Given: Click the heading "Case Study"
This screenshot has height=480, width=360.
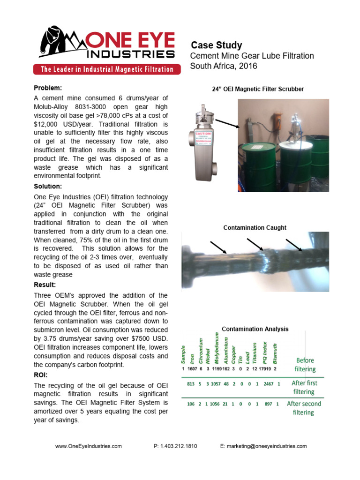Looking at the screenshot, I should click(x=217, y=45).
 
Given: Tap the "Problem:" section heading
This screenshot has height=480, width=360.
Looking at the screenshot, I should click(x=48, y=88).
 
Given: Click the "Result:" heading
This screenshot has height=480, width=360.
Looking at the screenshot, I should click(x=45, y=285).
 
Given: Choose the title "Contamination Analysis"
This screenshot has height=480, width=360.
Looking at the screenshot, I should click(x=255, y=329).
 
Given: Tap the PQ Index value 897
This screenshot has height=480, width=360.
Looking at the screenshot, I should click(x=268, y=404).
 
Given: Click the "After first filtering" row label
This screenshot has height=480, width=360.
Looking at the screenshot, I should click(x=304, y=387).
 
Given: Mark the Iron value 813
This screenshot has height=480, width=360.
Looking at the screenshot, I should click(x=191, y=384).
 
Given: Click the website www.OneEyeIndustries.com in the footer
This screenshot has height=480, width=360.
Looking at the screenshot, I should click(x=89, y=446).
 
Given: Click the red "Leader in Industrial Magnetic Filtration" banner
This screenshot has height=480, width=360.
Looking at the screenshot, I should click(x=107, y=69).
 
